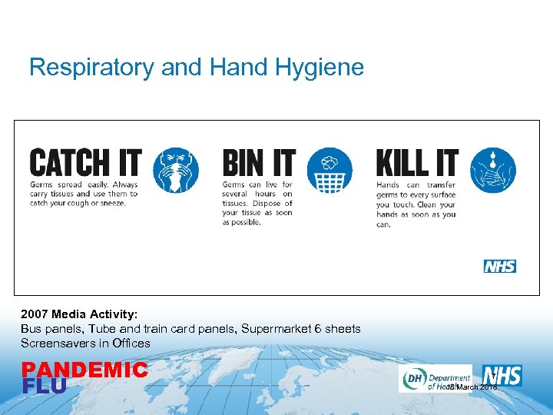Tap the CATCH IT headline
point(85,164)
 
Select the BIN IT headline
point(259,164)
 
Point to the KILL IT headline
point(417,164)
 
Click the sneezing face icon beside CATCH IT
point(175,170)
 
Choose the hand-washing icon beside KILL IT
point(493,170)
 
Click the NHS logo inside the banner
point(500,266)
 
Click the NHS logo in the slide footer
point(503,375)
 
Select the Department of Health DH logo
point(435,378)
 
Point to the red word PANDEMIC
point(84,370)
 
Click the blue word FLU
point(44,387)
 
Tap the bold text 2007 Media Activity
point(79,314)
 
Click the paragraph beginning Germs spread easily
point(84,194)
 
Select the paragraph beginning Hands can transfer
point(416,204)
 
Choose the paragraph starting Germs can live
point(257,204)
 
